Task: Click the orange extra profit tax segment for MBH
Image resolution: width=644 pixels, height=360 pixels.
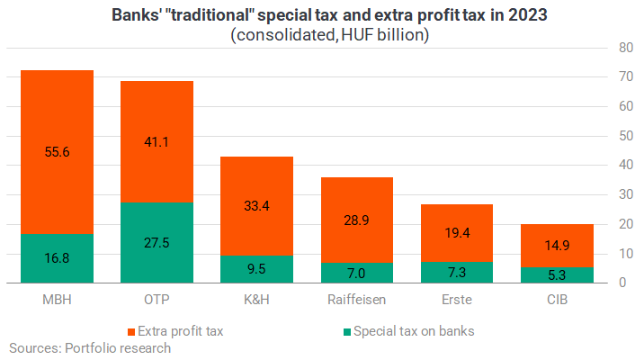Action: pyautogui.click(x=57, y=152)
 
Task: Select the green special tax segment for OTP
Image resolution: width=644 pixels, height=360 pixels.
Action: pyautogui.click(x=157, y=242)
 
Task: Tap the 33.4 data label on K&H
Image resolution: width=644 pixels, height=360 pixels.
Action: pyautogui.click(x=256, y=205)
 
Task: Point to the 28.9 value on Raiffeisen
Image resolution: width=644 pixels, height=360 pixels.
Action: pyautogui.click(x=356, y=220)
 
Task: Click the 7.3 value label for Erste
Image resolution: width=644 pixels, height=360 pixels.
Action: pyautogui.click(x=457, y=272)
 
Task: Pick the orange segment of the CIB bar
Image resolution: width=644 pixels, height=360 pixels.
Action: pyautogui.click(x=557, y=246)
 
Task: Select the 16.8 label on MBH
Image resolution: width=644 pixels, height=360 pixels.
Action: pyautogui.click(x=57, y=258)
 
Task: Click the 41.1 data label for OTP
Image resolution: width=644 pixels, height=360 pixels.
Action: pyautogui.click(x=157, y=142)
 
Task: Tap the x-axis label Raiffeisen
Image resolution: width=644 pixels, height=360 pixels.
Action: pyautogui.click(x=356, y=300)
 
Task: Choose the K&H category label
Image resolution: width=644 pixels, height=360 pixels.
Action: pyautogui.click(x=256, y=300)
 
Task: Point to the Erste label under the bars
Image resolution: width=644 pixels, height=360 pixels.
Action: pyautogui.click(x=457, y=300)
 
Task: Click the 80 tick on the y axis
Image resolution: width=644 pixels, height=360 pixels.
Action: pyautogui.click(x=626, y=48)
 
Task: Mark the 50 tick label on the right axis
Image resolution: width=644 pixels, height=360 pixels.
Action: pyautogui.click(x=626, y=136)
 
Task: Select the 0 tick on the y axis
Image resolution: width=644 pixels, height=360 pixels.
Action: pyautogui.click(x=622, y=283)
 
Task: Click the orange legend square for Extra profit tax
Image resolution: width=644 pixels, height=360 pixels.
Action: pyautogui.click(x=131, y=332)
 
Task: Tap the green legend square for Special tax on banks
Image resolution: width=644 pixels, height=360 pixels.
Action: pyautogui.click(x=347, y=332)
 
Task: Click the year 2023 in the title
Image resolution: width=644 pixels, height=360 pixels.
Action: pyautogui.click(x=528, y=15)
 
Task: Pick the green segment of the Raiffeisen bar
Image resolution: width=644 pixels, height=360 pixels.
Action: pyautogui.click(x=357, y=273)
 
